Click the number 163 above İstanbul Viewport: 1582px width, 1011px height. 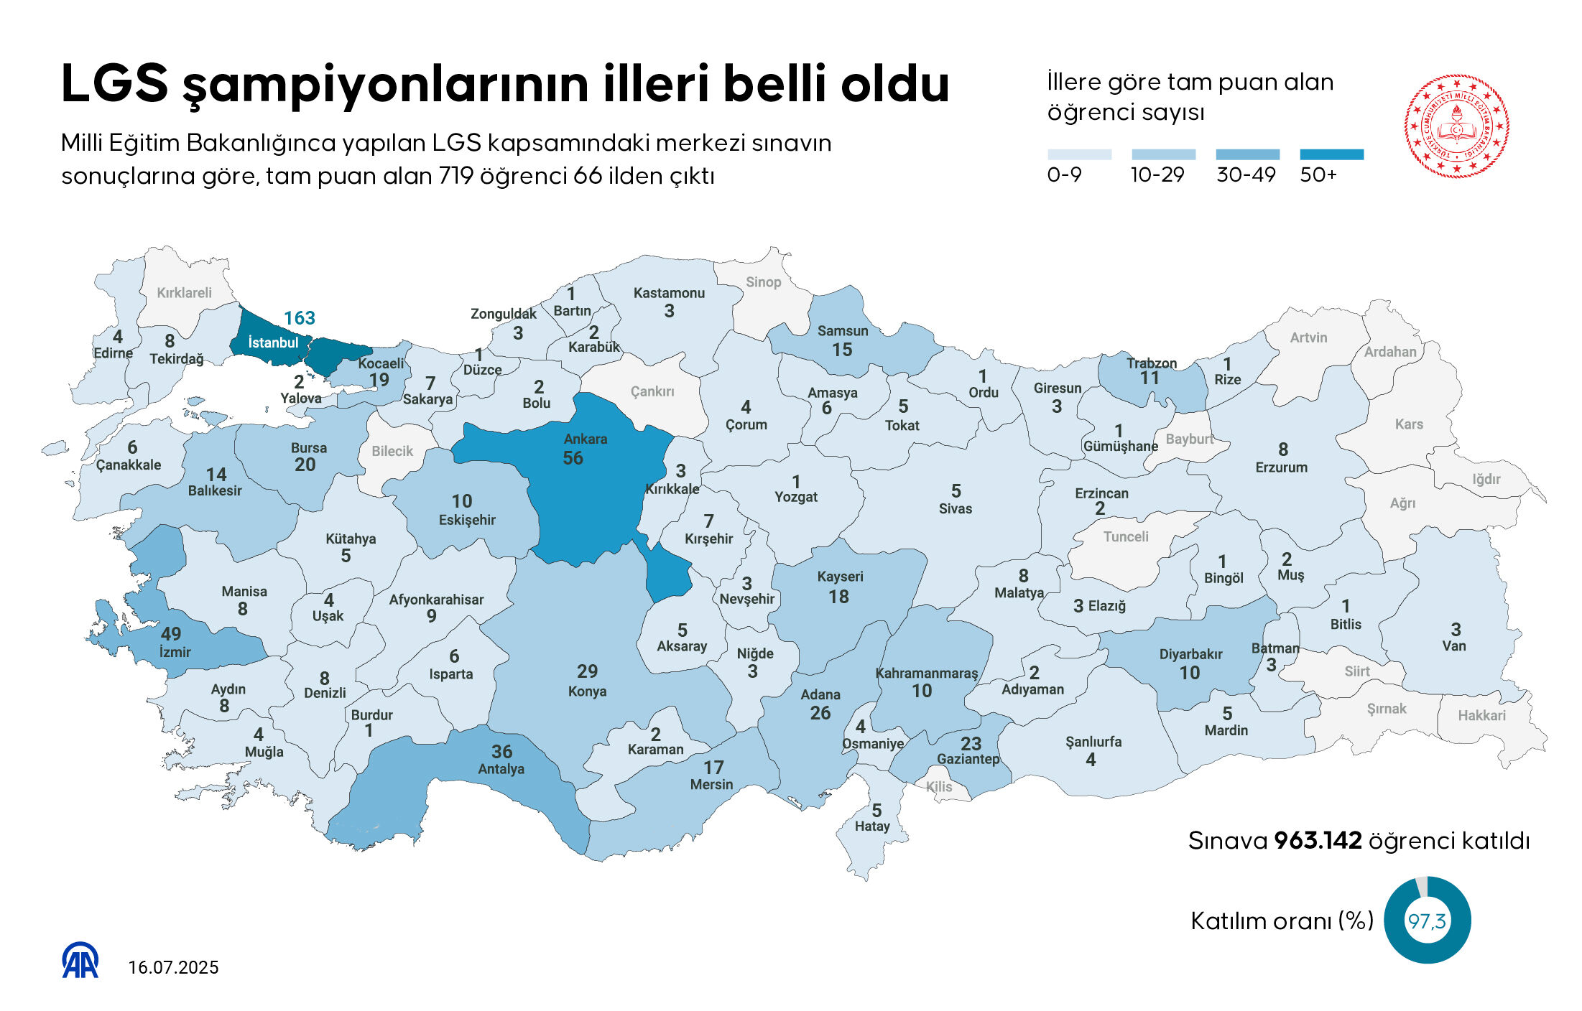point(299,318)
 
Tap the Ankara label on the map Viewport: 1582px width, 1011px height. point(586,439)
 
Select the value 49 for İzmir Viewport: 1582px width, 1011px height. point(171,634)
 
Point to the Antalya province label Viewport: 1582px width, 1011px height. point(501,769)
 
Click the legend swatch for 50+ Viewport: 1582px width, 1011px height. point(1331,154)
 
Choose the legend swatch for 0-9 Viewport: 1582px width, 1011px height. point(1079,154)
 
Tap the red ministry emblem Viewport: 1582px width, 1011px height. point(1456,126)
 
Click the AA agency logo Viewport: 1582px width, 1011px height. point(80,960)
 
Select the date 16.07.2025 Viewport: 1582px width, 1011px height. point(173,968)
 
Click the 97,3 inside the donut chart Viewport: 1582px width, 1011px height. point(1427,921)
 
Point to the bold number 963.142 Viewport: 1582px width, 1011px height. point(1318,840)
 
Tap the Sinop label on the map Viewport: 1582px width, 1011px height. point(763,282)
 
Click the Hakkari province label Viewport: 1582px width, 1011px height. point(1481,715)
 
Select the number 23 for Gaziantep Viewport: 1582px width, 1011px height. point(971,743)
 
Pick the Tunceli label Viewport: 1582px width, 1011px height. point(1126,536)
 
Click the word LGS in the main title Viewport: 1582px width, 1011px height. point(114,83)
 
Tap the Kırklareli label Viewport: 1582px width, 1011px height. point(184,293)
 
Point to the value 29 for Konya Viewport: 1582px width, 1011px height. point(587,671)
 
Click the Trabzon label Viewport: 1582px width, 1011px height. point(1151,363)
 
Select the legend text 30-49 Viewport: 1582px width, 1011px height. point(1246,175)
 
